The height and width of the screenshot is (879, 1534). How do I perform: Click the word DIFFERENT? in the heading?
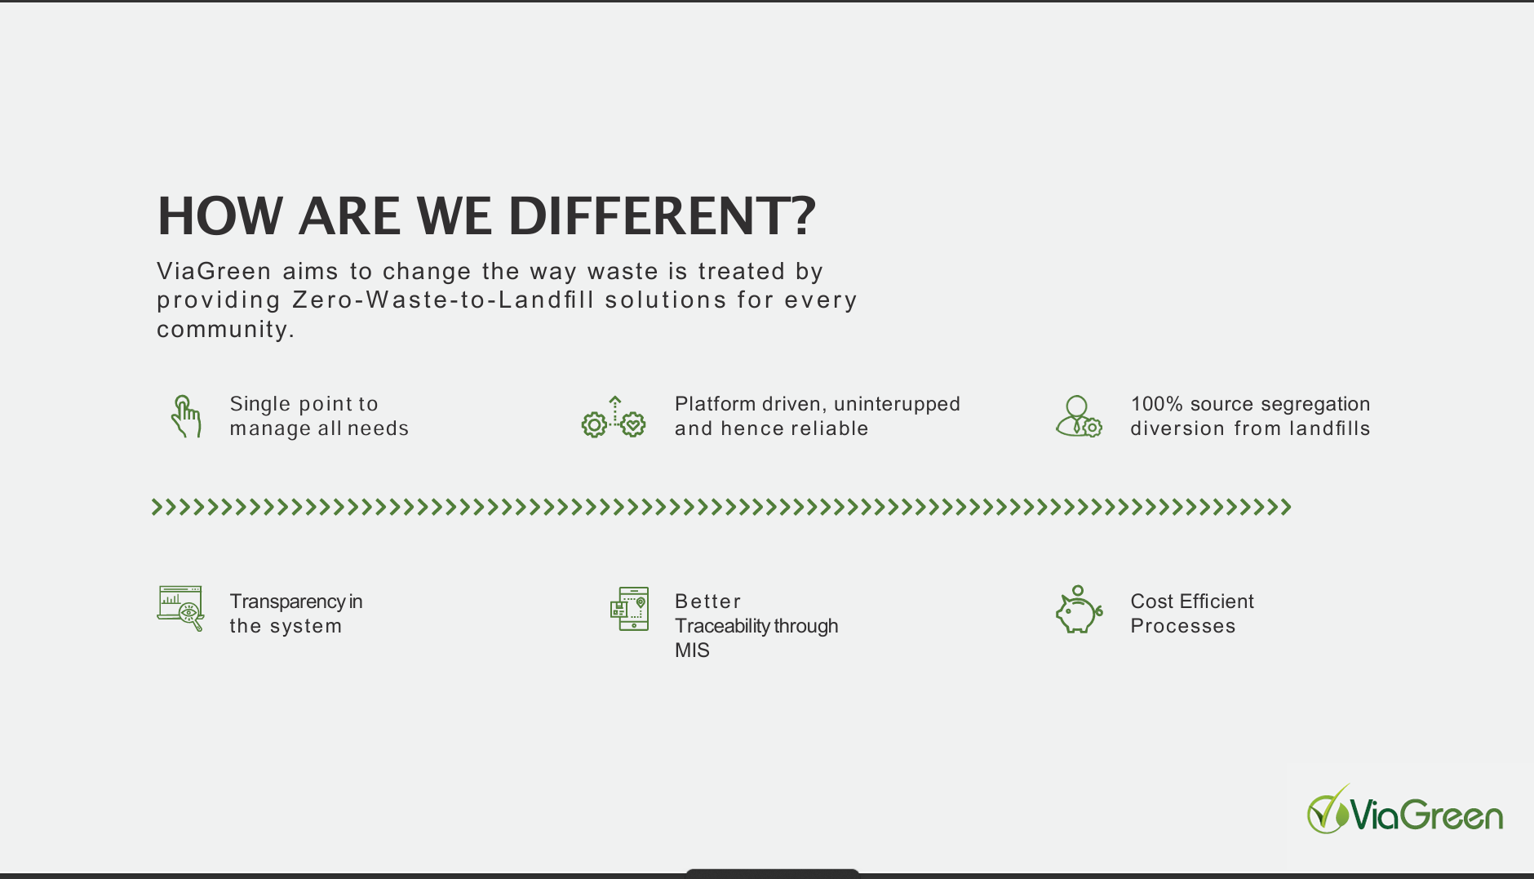[x=662, y=216]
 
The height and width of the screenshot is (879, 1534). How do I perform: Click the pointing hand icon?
[x=185, y=416]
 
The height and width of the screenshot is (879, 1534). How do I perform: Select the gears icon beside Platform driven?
[x=614, y=417]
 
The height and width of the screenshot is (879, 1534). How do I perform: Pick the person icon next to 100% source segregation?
[x=1079, y=416]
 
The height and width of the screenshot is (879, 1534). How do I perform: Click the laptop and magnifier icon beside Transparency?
[x=180, y=608]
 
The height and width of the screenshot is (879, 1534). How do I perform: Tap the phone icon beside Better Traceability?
[x=629, y=609]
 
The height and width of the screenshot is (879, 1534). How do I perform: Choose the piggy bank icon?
[x=1079, y=609]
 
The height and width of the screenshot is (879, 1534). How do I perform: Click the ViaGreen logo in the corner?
[x=1405, y=810]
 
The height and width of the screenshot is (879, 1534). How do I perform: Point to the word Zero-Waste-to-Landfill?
[x=444, y=300]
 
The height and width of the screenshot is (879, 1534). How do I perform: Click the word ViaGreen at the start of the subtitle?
[x=214, y=271]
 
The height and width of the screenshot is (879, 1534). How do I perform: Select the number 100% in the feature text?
[x=1156, y=404]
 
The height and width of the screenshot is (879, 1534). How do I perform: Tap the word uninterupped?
[x=898, y=405]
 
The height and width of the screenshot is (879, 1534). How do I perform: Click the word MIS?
[x=692, y=650]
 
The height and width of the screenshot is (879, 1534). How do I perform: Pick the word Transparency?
[x=287, y=602]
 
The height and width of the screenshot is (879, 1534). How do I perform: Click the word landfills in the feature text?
[x=1330, y=428]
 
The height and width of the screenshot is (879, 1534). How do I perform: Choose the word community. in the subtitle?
[x=226, y=329]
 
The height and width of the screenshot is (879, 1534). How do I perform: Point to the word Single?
[x=260, y=405]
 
